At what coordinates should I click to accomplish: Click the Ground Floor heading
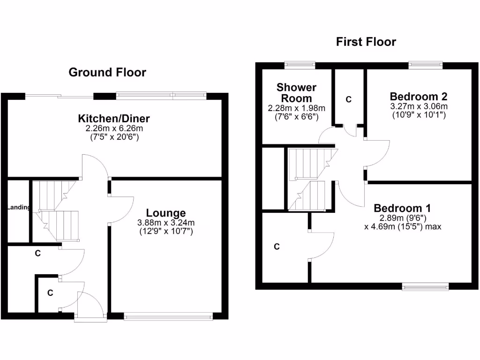pos(107,73)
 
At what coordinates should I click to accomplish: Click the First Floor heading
pos(366,42)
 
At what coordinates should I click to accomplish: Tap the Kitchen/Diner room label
pos(114,118)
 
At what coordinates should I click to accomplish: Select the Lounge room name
pos(165,213)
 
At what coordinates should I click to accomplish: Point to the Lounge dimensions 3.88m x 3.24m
pos(165,223)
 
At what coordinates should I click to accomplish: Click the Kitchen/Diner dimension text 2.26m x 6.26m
pos(114,128)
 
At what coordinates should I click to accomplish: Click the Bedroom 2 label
pos(419,97)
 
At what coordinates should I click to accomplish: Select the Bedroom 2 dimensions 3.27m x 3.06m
pos(419,107)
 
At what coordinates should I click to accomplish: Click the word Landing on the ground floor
pos(19,208)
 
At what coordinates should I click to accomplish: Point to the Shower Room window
pos(300,65)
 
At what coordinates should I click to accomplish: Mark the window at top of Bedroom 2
pos(425,65)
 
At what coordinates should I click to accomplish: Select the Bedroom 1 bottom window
pos(426,286)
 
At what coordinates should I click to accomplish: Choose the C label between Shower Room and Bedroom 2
pos(348,99)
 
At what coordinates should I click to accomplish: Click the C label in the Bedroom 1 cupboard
pos(277,247)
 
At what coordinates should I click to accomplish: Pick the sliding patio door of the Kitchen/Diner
pos(60,97)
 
